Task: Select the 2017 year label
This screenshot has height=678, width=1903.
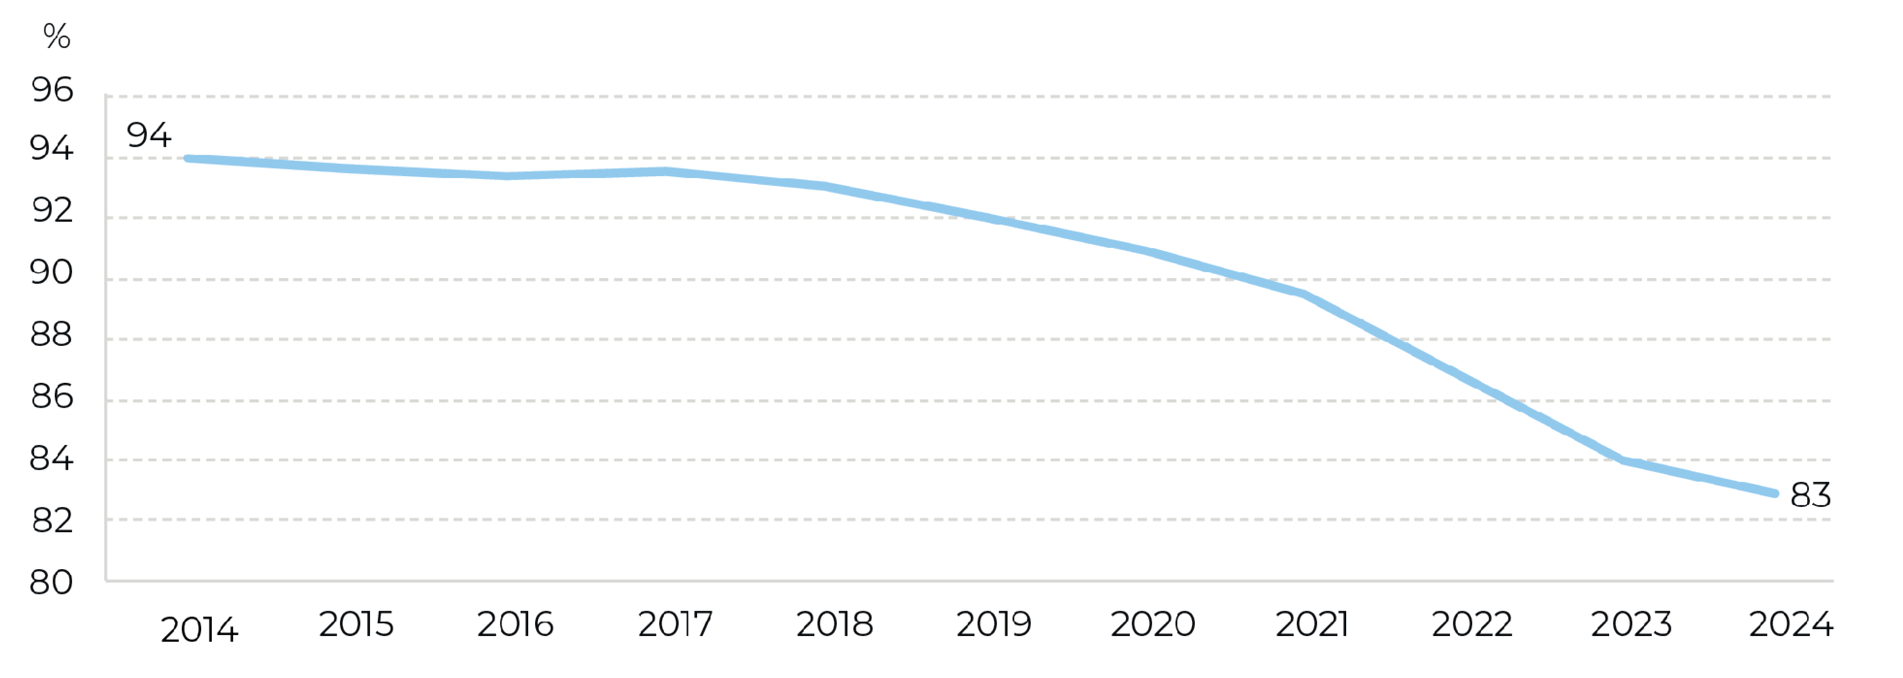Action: (675, 624)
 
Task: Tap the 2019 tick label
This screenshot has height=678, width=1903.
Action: (994, 624)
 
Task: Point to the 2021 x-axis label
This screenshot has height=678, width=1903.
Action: (1312, 624)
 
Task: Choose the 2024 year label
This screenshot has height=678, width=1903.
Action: (1791, 624)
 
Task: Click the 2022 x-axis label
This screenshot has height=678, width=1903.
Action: (1472, 624)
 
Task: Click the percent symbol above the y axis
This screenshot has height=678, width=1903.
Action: (57, 36)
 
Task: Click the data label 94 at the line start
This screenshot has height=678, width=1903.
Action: (149, 135)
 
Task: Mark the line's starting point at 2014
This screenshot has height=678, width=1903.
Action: (188, 158)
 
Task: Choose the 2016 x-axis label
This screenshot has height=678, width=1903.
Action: (515, 624)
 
